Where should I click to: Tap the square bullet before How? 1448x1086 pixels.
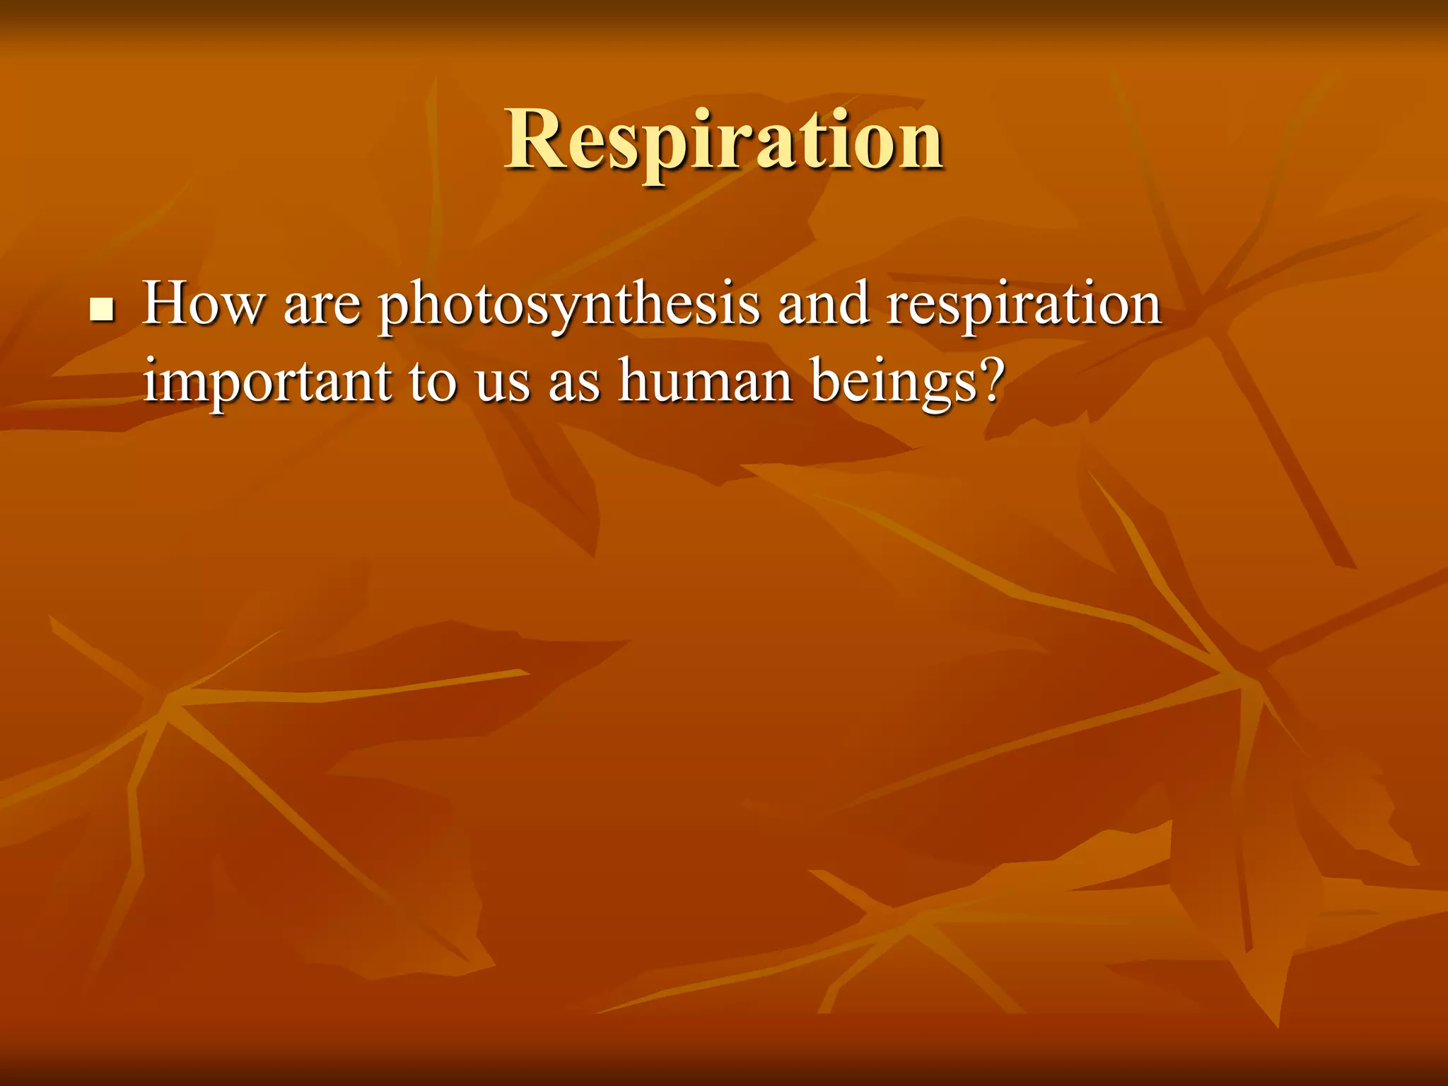pos(103,310)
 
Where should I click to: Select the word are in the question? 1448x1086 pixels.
pos(322,305)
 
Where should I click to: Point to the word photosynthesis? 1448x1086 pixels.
pos(568,305)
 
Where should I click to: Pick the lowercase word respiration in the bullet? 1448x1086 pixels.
pos(1023,305)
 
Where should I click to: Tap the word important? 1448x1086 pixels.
pos(267,382)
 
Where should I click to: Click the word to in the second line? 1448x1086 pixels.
pos(432,382)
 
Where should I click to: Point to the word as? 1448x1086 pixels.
pos(573,385)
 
